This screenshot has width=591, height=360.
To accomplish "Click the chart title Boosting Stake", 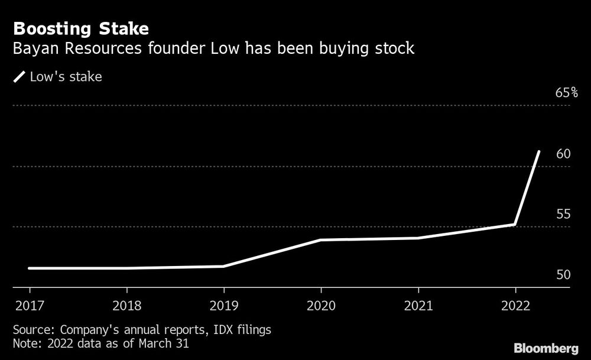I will click(81, 28).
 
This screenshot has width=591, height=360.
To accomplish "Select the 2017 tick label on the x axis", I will click(29, 306).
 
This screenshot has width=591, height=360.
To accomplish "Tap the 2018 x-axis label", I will click(126, 306).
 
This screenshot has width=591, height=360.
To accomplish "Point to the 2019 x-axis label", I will click(223, 306).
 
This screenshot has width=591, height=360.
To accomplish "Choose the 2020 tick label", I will click(321, 306).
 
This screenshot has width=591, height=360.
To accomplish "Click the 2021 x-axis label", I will click(418, 306).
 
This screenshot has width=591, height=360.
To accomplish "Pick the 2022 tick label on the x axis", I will click(515, 306).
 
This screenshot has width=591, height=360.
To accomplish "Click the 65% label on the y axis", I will click(566, 93).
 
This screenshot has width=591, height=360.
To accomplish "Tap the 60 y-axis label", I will click(563, 154).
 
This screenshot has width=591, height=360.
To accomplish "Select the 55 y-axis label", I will click(563, 214).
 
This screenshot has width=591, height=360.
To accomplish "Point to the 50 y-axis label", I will click(563, 275).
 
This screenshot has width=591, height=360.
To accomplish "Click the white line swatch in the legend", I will click(20, 77).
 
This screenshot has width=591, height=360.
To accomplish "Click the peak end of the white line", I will click(538, 151).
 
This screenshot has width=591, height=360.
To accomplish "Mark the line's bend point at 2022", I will click(515, 225).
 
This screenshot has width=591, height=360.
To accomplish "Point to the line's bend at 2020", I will click(321, 239).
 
